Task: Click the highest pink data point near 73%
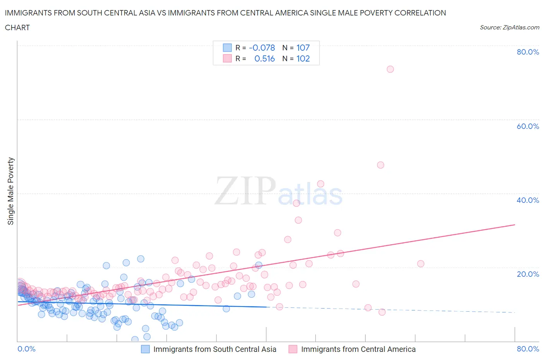390,69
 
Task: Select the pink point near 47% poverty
380,165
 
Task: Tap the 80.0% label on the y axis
528,52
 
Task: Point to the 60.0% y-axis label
528,126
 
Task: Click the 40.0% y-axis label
528,200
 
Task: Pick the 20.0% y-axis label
528,274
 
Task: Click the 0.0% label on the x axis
27,349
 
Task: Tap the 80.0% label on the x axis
528,349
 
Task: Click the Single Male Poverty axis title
11,191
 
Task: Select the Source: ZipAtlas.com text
509,27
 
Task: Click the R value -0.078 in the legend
262,48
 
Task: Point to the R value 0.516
265,58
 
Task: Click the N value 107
303,48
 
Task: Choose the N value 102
303,58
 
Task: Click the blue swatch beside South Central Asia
145,349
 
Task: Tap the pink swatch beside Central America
293,349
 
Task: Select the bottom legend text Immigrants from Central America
358,349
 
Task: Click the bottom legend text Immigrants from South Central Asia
215,349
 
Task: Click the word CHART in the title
17,27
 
